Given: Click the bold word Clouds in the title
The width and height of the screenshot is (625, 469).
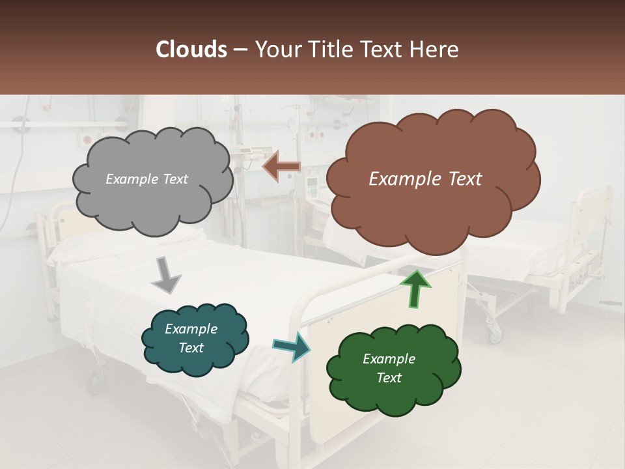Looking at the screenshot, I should coord(191,50).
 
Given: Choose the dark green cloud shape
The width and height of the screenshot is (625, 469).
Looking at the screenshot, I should coord(393,369).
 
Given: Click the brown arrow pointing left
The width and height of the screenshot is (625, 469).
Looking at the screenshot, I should coord(282,167).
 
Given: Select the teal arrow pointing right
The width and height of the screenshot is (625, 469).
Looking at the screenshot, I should coord(292,346).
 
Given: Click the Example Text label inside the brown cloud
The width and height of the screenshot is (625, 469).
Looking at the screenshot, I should coord(425,179).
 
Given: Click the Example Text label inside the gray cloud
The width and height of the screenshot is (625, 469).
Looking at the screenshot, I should coord(146,179).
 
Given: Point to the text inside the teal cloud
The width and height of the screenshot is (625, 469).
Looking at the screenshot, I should coord(191,339).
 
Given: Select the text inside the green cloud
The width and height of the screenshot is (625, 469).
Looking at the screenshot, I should coord(389,369).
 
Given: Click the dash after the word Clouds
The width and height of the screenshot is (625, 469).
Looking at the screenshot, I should coord(240,50).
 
